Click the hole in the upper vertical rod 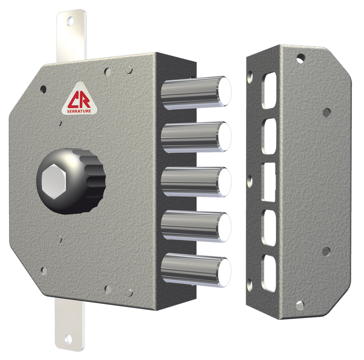71,22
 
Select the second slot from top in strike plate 269,136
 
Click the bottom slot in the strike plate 269,273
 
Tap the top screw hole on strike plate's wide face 300,58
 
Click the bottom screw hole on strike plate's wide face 300,305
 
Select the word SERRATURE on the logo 80,111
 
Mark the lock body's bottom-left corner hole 44,271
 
